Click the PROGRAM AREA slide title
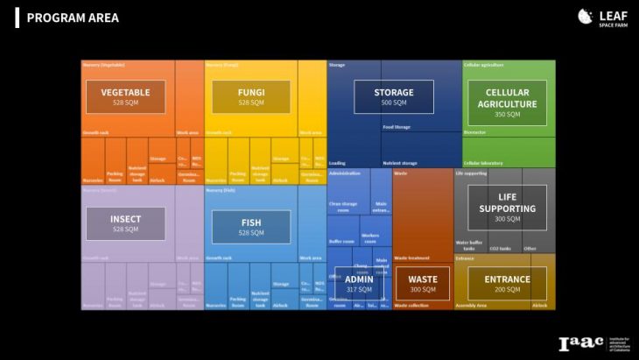pyautogui.click(x=72, y=18)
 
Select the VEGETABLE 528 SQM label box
pyautogui.click(x=125, y=96)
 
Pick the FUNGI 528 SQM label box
pyautogui.click(x=250, y=96)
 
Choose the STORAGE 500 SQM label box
pyautogui.click(x=393, y=96)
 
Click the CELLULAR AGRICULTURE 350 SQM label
pyautogui.click(x=507, y=102)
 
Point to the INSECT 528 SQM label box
pyautogui.click(x=125, y=223)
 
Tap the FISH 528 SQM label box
pyautogui.click(x=250, y=227)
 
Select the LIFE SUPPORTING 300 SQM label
pyautogui.click(x=507, y=208)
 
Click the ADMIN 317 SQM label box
pyautogui.click(x=359, y=284)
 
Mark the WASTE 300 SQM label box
pyautogui.click(x=423, y=284)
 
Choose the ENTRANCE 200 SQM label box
pyautogui.click(x=507, y=284)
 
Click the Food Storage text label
pyautogui.click(x=397, y=127)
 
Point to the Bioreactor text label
pyautogui.click(x=476, y=132)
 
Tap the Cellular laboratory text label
pyautogui.click(x=483, y=163)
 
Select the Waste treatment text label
pyautogui.click(x=411, y=257)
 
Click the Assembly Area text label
pyautogui.click(x=471, y=306)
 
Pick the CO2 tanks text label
pyautogui.click(x=500, y=248)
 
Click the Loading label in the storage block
pyautogui.click(x=337, y=163)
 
